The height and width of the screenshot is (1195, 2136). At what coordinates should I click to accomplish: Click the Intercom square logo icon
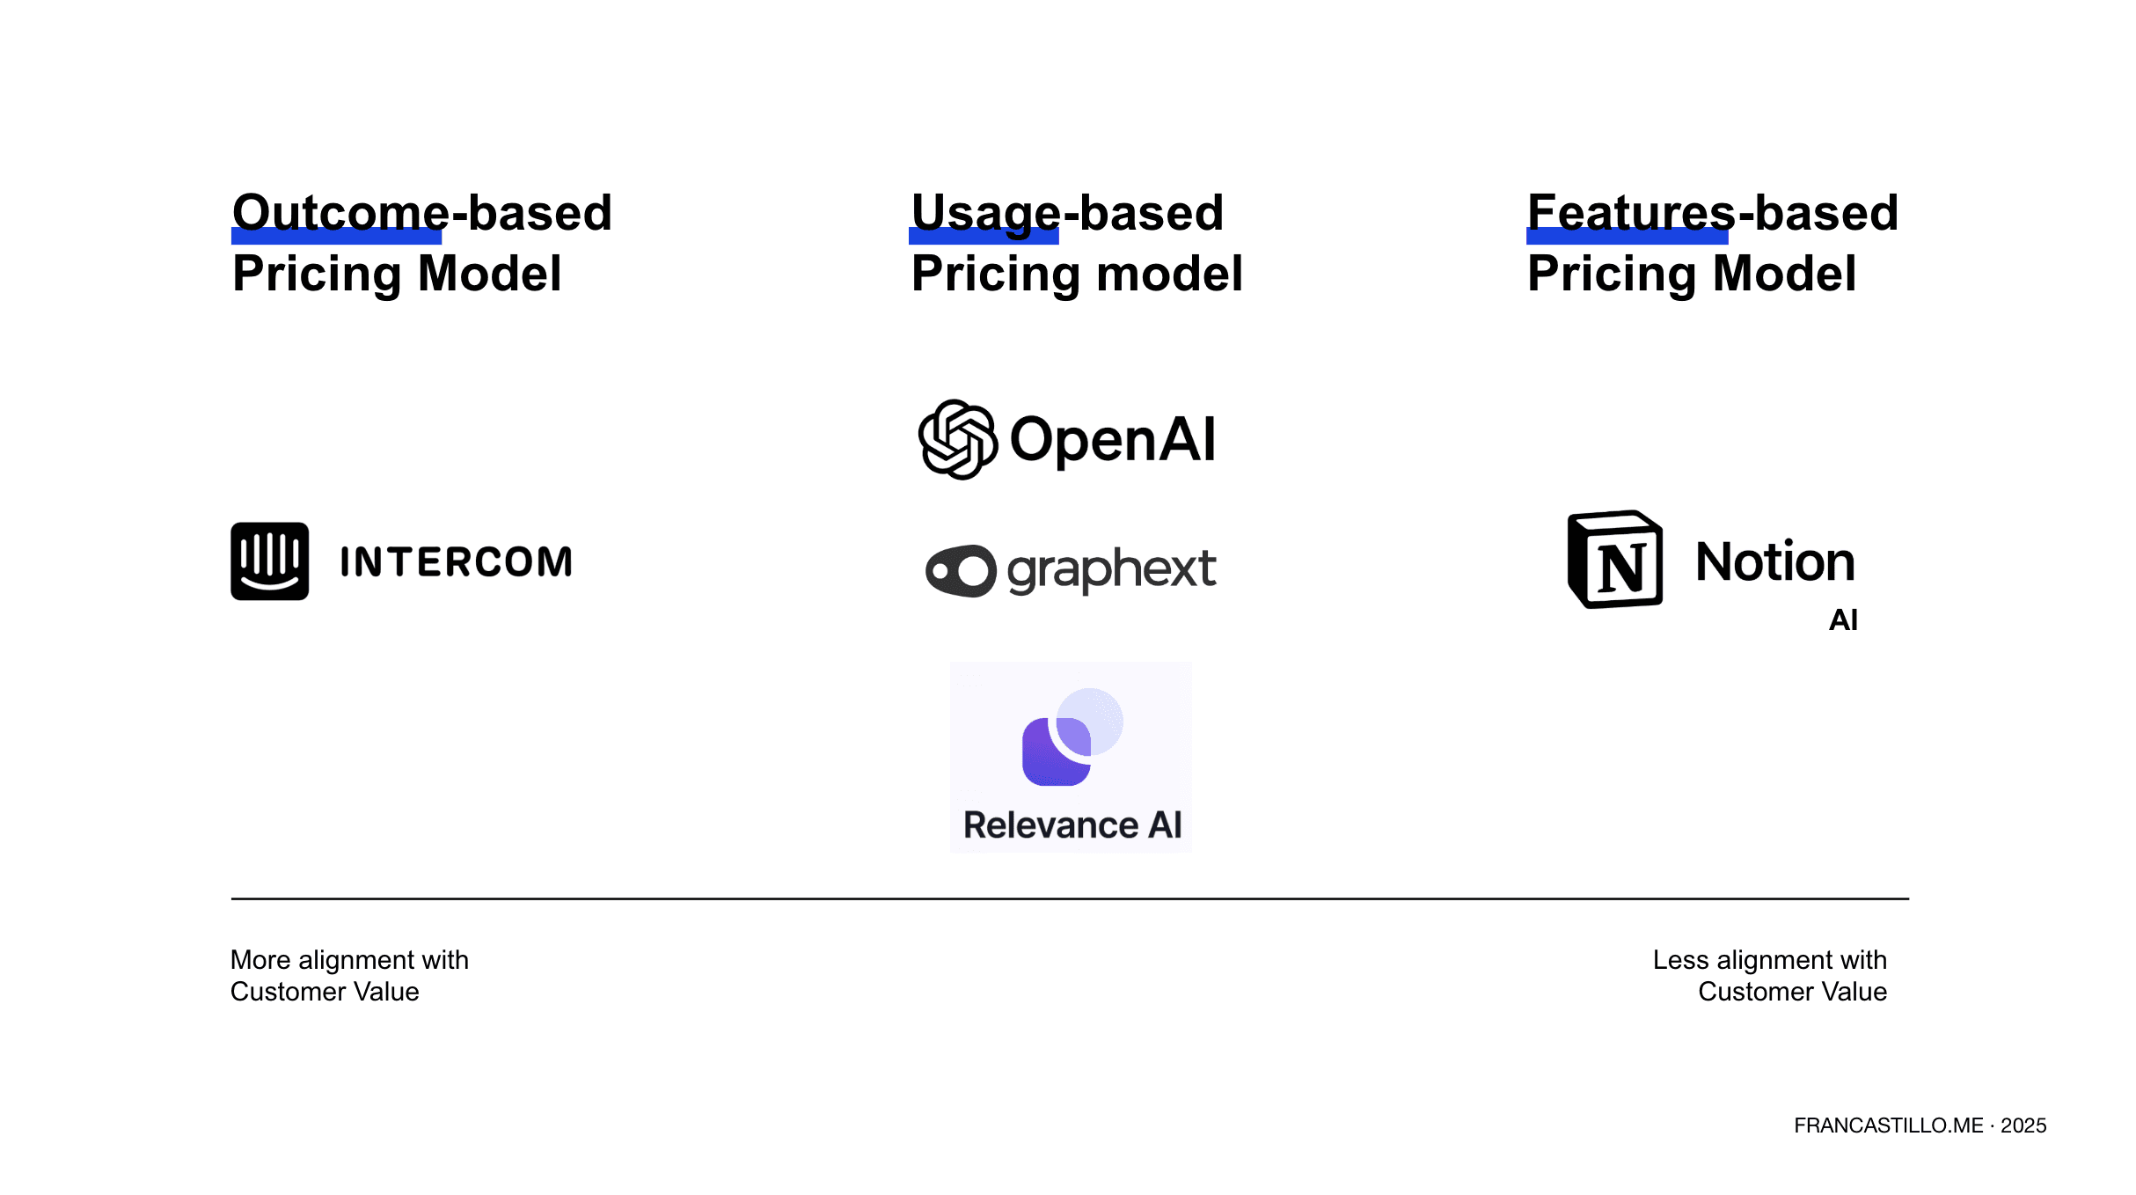pos(269,561)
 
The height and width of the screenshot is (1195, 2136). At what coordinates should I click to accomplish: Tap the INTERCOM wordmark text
pos(456,562)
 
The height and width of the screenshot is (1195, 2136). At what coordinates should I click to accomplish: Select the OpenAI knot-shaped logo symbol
pos(958,439)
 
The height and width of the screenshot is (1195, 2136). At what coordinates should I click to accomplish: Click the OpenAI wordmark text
pos(1113,439)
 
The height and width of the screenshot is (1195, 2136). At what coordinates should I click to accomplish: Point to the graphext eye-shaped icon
pos(961,571)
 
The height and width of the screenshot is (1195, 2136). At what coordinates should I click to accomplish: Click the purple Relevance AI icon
pos(1072,737)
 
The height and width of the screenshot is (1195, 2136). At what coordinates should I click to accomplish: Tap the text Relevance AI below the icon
pos(1072,825)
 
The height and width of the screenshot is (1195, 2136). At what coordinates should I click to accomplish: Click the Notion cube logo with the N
pos(1615,560)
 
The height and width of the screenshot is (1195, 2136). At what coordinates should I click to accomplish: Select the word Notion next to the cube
pos(1775,561)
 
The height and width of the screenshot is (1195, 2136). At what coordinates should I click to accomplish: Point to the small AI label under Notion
pos(1843,620)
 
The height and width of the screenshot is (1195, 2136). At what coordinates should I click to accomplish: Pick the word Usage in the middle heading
pos(986,214)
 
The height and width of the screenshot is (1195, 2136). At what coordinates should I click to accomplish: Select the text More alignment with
pos(349,959)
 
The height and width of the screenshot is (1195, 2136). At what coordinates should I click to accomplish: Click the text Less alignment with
pos(1770,959)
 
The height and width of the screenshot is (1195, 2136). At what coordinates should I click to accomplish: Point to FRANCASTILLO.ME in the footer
pos(1889,1125)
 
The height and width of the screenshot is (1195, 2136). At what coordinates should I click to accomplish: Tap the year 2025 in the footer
pos(2023,1125)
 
